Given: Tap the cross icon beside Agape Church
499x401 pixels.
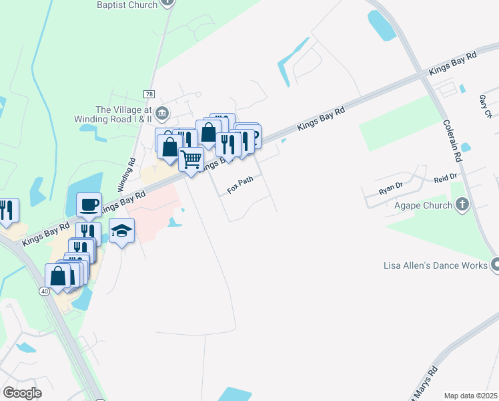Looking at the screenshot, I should tap(462, 206).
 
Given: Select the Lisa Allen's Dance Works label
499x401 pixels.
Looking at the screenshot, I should tap(436, 265).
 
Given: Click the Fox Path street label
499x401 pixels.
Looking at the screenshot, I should tap(240, 185).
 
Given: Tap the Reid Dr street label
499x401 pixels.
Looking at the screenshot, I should tap(445, 178).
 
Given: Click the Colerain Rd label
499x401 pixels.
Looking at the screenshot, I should tap(452, 140).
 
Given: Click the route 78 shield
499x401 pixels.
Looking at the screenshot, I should tap(149, 94).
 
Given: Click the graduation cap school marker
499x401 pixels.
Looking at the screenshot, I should tap(121, 231).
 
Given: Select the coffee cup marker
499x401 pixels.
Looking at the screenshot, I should tap(89, 205).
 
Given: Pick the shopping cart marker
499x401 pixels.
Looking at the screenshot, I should tap(191, 159).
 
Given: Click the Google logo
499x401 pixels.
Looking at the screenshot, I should tap(22, 393).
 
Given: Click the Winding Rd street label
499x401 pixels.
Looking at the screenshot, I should tap(126, 173).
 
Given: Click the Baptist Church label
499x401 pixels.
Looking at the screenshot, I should tap(127, 5).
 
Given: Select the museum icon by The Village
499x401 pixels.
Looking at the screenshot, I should tap(162, 110).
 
